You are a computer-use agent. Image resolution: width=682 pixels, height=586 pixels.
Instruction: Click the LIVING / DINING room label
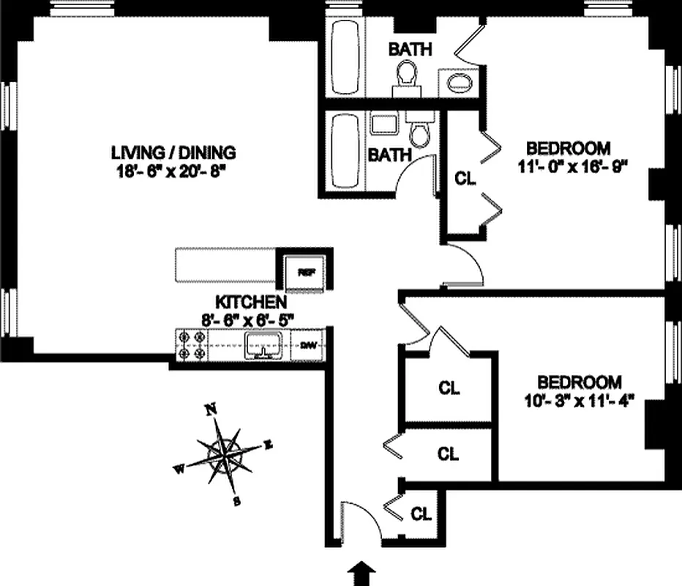point(173,153)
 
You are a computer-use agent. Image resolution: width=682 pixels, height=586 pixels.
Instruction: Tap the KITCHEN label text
point(250,302)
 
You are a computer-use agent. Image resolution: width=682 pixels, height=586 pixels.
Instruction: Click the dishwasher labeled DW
point(307,344)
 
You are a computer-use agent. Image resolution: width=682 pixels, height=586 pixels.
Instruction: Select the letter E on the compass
point(268,444)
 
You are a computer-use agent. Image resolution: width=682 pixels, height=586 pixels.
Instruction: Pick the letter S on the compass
point(236,502)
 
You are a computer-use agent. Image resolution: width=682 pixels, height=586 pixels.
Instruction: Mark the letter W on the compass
point(179,470)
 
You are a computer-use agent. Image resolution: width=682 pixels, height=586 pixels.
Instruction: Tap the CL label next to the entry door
point(421,513)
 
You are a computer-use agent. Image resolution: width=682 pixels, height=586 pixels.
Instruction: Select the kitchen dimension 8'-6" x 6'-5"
point(250,319)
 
